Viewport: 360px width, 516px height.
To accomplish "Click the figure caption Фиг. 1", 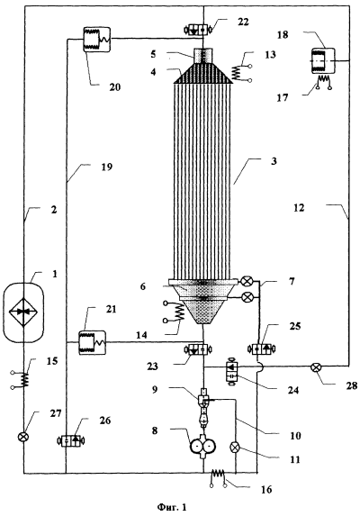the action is [172, 507].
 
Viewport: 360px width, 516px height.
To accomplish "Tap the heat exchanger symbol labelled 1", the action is [23, 312].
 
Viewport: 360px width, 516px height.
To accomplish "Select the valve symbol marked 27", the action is [23, 437].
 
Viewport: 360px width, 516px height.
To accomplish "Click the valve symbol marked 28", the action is [316, 367].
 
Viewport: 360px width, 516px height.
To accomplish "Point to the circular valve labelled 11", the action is [236, 448].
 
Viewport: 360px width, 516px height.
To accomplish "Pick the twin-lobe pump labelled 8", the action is [203, 446].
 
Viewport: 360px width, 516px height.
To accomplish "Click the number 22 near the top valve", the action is [243, 22].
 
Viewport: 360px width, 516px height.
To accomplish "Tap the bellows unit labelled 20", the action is [96, 40].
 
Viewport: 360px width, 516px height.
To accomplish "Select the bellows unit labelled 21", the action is [93, 342].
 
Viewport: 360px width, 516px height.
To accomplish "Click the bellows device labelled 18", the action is [323, 61].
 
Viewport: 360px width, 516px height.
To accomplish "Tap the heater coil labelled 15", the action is [21, 380].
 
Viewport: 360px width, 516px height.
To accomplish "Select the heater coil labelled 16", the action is [218, 477].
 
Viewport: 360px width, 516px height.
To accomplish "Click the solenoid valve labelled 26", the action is [71, 440].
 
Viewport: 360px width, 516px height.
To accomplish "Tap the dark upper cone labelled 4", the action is [202, 73].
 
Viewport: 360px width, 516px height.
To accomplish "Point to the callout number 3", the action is [274, 161].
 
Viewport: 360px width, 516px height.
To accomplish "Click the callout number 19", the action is [107, 167].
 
